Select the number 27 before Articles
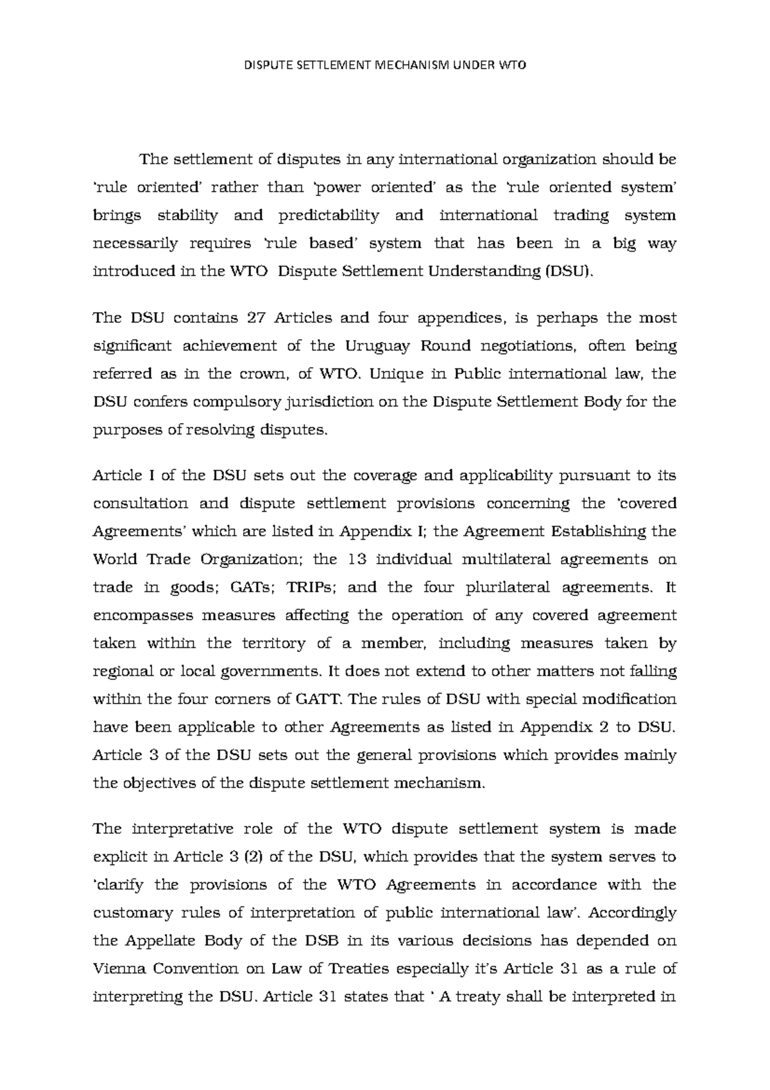coord(252,318)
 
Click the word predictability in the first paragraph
coord(329,216)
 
